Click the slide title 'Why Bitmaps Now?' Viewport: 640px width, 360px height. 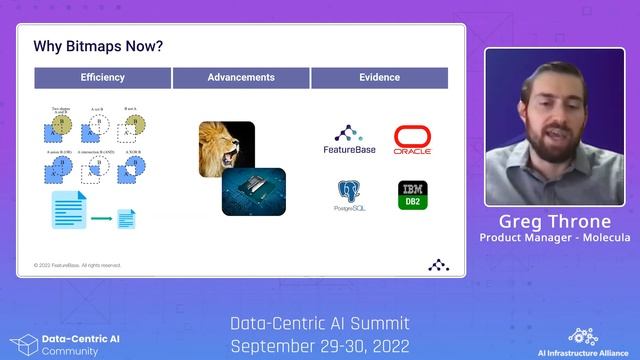(x=99, y=46)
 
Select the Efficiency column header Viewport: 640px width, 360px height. (x=103, y=78)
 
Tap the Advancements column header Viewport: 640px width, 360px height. (x=241, y=78)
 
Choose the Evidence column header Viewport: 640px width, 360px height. (x=379, y=78)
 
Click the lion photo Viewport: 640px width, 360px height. (x=226, y=149)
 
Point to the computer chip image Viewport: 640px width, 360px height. (x=253, y=191)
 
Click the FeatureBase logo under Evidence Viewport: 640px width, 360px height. (x=347, y=140)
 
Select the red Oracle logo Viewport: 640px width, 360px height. (x=412, y=140)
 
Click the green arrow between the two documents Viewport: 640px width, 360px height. (x=101, y=217)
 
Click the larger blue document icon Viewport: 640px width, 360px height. (x=69, y=211)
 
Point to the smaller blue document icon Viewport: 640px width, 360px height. (x=128, y=218)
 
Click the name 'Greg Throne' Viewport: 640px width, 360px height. (x=554, y=221)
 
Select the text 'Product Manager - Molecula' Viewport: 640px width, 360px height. (x=554, y=237)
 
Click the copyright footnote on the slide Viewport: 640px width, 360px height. (x=78, y=265)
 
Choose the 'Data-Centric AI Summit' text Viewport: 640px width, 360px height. (x=319, y=323)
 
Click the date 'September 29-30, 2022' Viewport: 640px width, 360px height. (x=319, y=345)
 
